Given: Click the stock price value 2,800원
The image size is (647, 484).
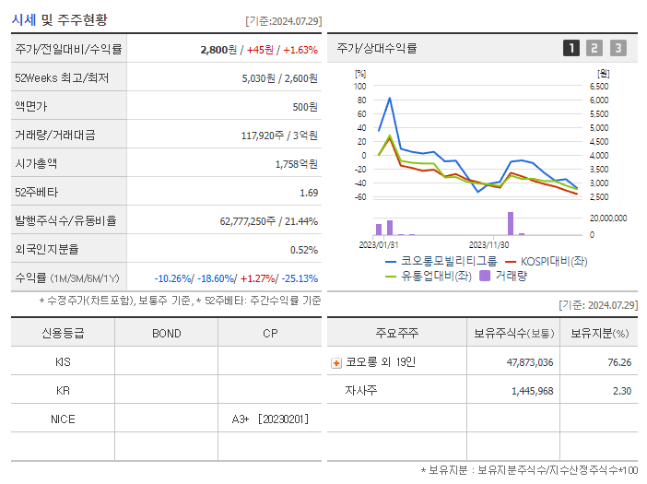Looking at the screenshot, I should tap(219, 50).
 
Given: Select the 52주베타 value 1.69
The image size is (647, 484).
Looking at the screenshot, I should tap(309, 193).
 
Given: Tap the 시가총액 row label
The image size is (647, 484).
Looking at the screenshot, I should tap(37, 164).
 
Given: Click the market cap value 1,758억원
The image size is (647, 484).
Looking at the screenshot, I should tap(296, 164).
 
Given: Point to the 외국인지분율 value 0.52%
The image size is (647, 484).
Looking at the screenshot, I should tap(304, 250).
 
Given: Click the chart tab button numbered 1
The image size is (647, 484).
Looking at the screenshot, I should tap(571, 48).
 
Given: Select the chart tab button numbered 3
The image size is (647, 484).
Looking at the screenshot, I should tap(618, 48).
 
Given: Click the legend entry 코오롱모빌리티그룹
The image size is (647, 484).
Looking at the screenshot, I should tap(448, 261).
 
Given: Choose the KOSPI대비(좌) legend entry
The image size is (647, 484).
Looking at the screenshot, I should tap(553, 261).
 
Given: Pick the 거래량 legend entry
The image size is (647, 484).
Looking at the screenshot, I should tap(510, 276).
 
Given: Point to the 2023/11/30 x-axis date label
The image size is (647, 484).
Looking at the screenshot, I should tap(489, 245).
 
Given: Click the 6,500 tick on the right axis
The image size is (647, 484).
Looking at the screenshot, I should tap(598, 87).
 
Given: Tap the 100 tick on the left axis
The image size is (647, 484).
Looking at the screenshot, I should tap(360, 87).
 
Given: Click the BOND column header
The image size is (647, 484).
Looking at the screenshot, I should tap(166, 334).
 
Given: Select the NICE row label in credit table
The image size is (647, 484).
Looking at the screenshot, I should tap(63, 419).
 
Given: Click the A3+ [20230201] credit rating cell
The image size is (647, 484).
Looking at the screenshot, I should tap(271, 419).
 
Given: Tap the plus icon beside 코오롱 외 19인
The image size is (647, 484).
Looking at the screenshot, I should tap(336, 363).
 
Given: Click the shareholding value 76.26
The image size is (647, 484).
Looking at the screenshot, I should tap(620, 362).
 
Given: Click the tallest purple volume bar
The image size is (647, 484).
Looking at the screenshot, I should tap(511, 224).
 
